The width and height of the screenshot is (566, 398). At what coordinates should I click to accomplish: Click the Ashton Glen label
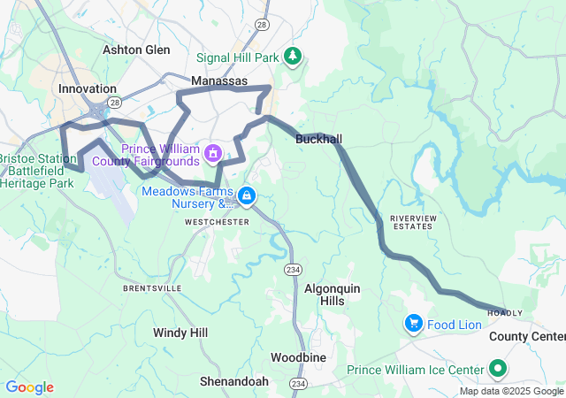click(136, 50)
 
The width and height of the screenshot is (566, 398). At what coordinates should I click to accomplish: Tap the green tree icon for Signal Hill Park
click(292, 57)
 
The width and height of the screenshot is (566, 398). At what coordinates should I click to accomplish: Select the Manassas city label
click(220, 80)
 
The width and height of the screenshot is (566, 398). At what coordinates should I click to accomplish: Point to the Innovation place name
click(88, 88)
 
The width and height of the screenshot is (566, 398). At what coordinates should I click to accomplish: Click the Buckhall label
click(318, 139)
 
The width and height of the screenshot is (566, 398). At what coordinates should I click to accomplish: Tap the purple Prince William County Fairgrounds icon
click(212, 156)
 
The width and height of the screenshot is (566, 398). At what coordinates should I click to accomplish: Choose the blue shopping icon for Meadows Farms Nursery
click(247, 195)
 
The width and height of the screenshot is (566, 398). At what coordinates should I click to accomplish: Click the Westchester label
click(217, 222)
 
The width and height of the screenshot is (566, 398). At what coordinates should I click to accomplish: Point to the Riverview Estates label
click(413, 221)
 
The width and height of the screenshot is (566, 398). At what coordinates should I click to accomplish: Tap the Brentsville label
click(152, 288)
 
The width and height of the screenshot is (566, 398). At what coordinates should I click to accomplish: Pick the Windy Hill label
click(180, 333)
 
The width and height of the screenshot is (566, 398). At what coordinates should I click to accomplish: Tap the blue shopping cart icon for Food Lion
click(413, 324)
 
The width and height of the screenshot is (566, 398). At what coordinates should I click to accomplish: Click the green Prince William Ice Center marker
click(498, 369)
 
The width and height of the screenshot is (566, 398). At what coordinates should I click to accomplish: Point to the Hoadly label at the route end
click(505, 313)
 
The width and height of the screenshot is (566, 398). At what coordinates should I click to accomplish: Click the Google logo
click(29, 387)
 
